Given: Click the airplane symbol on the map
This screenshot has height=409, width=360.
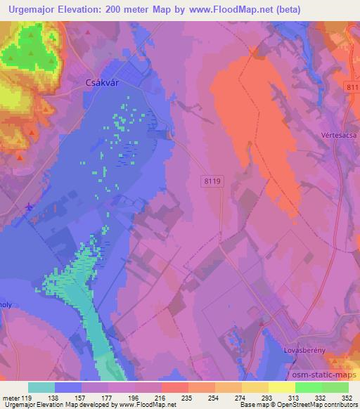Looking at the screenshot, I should click(x=27, y=207).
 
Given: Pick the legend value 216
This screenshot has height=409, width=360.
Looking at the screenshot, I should click(x=161, y=398).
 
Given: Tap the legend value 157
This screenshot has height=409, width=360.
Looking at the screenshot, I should click(x=81, y=398).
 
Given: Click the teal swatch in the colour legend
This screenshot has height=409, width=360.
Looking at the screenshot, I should click(x=41, y=387).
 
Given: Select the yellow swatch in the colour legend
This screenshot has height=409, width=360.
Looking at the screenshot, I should click(x=282, y=387).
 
